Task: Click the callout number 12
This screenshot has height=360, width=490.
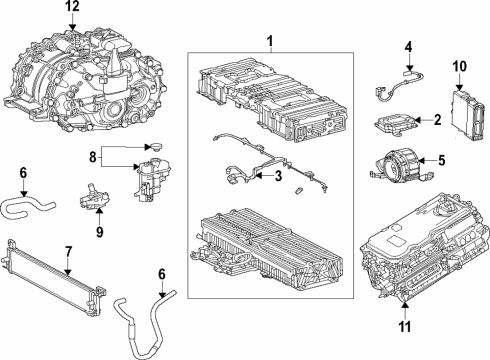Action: click(x=70, y=7)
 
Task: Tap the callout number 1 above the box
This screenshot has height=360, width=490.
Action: click(x=268, y=41)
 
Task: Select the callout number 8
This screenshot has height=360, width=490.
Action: click(x=93, y=157)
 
